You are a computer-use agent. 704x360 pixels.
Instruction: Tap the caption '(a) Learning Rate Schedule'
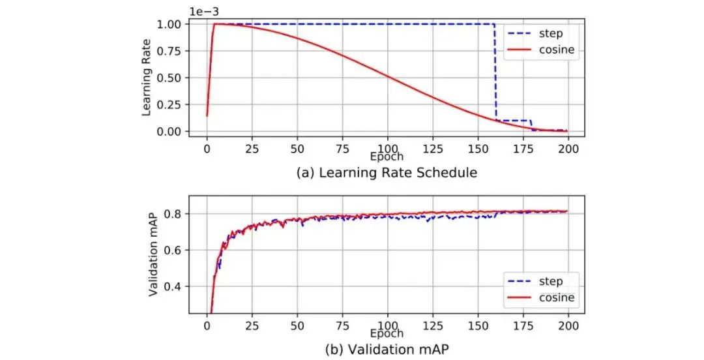click(x=386, y=173)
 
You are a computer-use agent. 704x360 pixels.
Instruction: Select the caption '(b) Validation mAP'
click(x=386, y=349)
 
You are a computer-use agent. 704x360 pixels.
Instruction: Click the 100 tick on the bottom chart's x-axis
click(x=387, y=324)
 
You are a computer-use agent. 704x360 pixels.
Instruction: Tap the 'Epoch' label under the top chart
click(x=387, y=157)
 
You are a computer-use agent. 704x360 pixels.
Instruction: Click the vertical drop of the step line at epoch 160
click(x=496, y=72)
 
